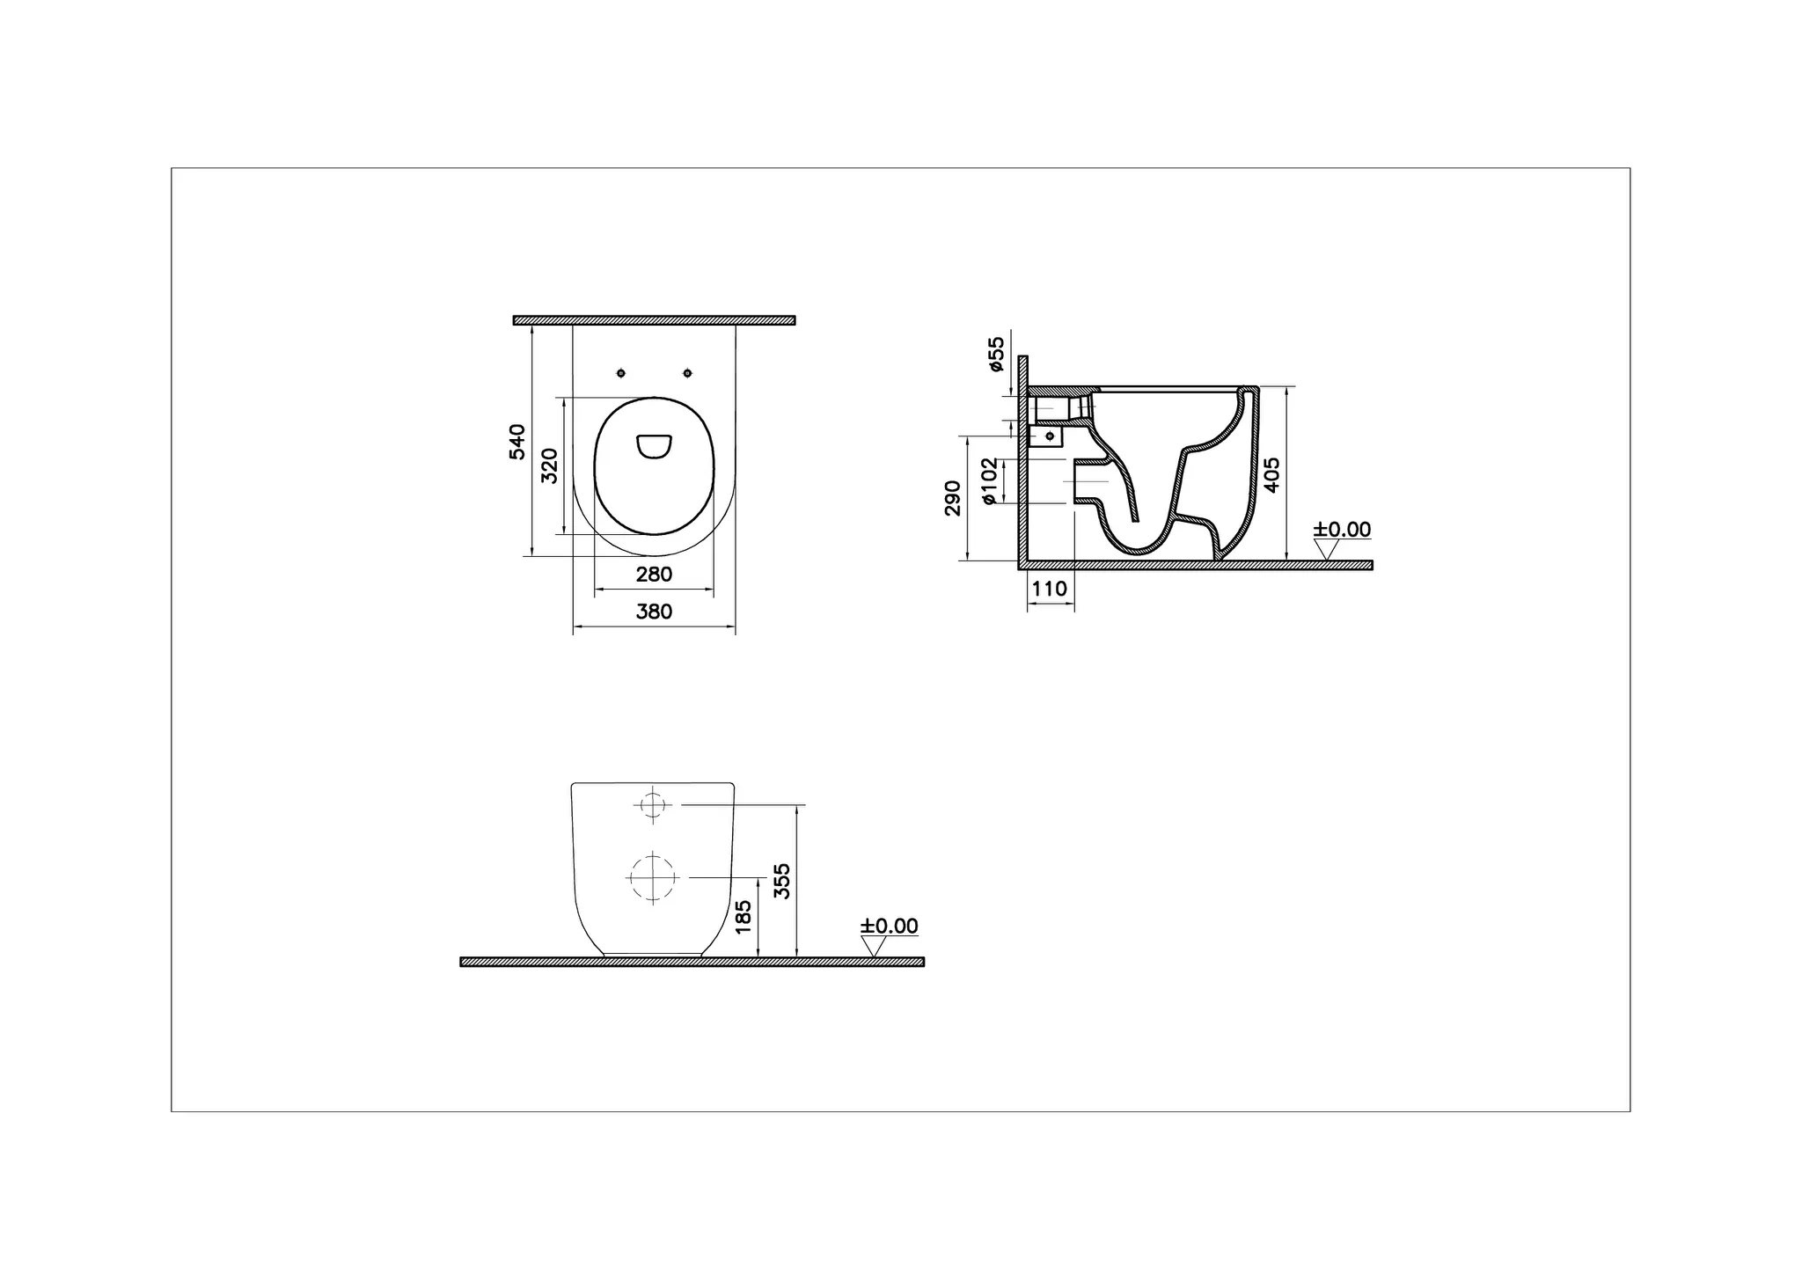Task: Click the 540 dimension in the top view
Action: tap(517, 442)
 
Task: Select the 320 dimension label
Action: tap(549, 465)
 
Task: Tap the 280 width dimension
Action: tap(654, 575)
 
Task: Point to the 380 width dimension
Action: tap(654, 612)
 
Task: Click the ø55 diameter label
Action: tap(996, 354)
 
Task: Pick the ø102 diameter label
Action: tap(989, 481)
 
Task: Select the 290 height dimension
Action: tap(953, 498)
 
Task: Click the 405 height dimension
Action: tap(1271, 475)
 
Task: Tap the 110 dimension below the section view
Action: tap(1049, 589)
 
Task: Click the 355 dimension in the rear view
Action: tap(782, 881)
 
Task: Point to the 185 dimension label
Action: tap(744, 917)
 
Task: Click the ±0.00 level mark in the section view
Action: tap(1342, 530)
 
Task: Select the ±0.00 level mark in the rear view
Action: tap(889, 927)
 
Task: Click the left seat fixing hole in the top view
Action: tap(621, 374)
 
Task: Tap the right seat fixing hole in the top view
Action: tap(688, 374)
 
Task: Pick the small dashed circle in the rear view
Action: tap(652, 804)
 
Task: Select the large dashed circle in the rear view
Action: tap(652, 877)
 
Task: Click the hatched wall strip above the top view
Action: tap(654, 320)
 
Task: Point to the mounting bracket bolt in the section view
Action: tap(1049, 436)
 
